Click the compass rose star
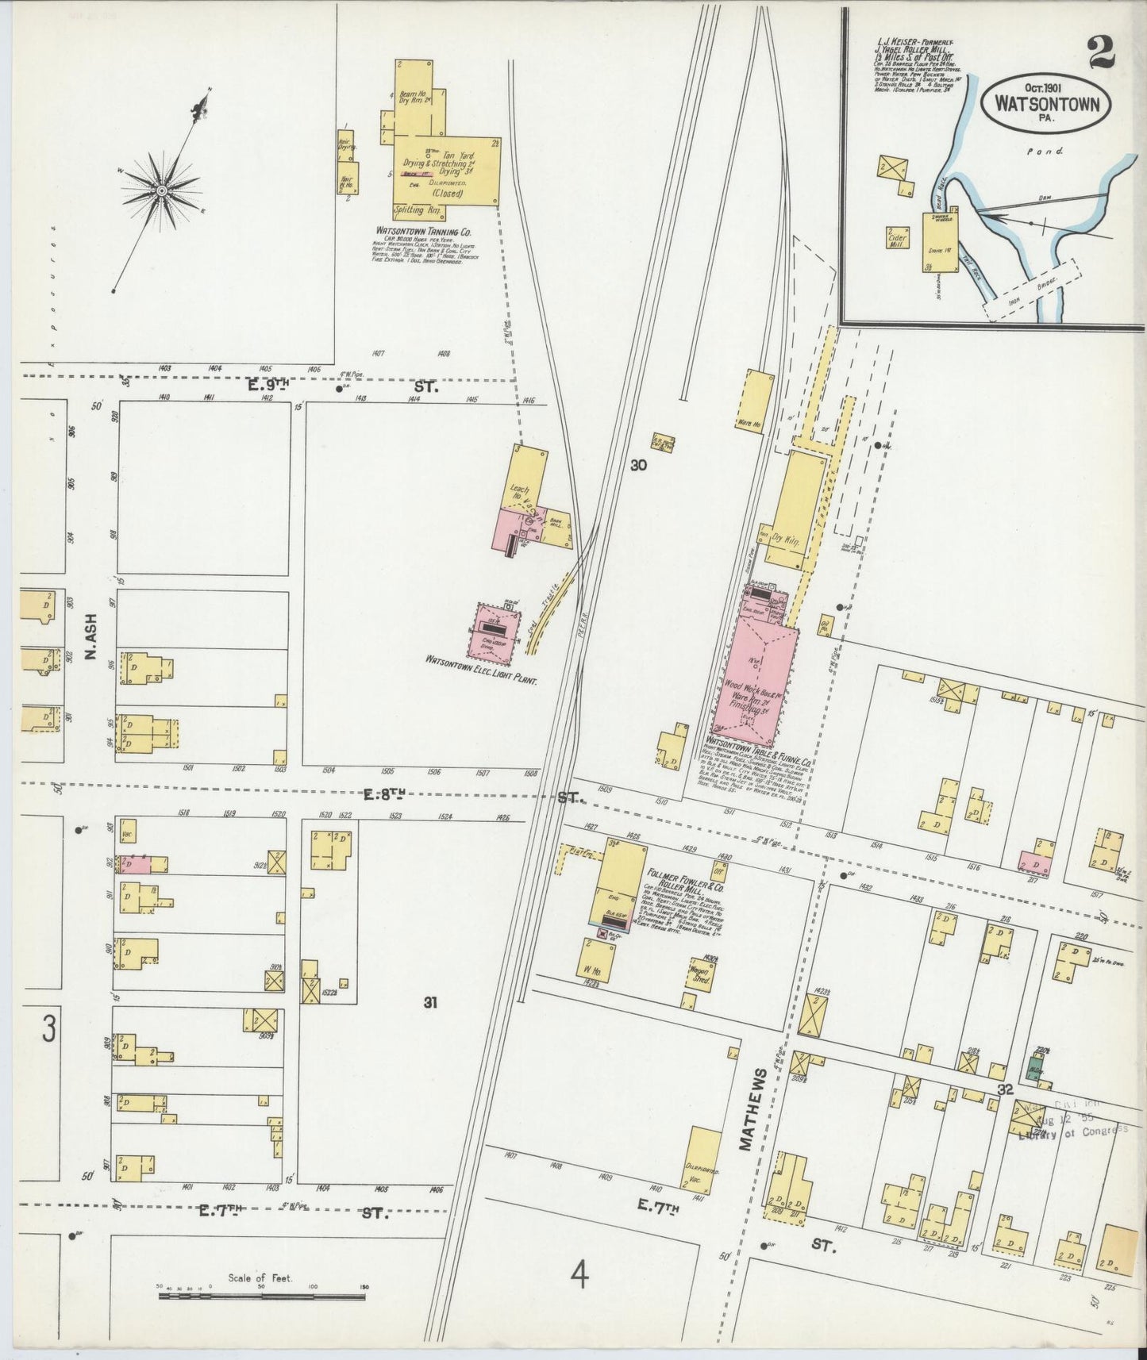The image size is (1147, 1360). pos(161,191)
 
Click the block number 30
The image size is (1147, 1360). pos(638,466)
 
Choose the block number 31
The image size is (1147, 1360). pos(429,1003)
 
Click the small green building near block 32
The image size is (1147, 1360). pos(1034,1069)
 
